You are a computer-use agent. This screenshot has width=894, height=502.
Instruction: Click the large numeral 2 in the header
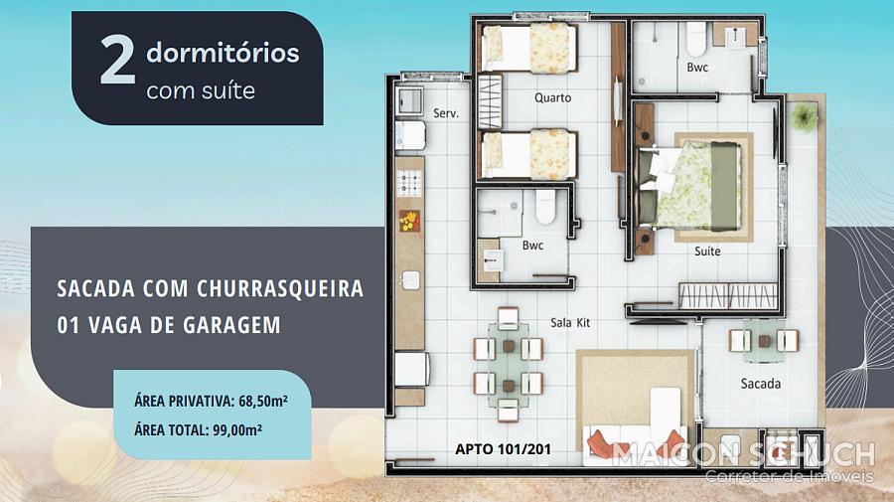tap(117, 61)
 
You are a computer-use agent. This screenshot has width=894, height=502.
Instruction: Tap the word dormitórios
tap(223, 53)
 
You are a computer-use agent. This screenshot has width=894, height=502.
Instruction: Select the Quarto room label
tap(552, 97)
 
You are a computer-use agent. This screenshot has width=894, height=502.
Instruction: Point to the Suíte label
tap(707, 251)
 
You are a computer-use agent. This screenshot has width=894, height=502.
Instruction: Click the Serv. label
tap(446, 113)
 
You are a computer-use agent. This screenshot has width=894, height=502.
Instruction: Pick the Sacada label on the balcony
tap(761, 384)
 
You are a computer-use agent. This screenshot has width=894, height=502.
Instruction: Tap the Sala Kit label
tap(570, 322)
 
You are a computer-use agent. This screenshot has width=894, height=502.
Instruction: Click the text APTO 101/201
tap(503, 449)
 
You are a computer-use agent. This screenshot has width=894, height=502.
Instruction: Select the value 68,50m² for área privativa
tap(263, 401)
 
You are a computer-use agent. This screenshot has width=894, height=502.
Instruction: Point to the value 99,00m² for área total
tap(237, 429)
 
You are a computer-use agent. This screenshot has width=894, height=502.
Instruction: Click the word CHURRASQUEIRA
tap(280, 288)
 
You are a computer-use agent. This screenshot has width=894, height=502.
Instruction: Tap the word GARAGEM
tap(232, 325)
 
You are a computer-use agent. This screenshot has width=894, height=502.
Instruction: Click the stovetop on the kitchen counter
tap(409, 183)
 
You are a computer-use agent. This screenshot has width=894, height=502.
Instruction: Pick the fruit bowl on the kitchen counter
tap(409, 221)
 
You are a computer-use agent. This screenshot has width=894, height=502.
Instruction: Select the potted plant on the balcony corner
tap(804, 117)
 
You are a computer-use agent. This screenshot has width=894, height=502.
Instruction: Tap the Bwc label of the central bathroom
tap(532, 246)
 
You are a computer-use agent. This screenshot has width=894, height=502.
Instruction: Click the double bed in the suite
tap(690, 186)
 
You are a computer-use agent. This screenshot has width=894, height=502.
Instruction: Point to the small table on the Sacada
tap(764, 341)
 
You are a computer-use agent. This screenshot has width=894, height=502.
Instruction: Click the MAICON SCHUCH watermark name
tap(743, 454)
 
